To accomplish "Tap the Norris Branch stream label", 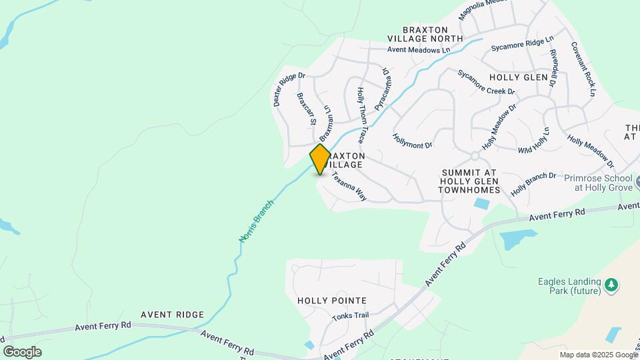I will tap(257, 221).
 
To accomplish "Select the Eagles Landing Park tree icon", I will tap(611, 285).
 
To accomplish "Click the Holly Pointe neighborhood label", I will tap(332, 301).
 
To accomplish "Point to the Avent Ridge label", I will tap(172, 314).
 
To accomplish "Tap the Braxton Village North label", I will tap(433, 34).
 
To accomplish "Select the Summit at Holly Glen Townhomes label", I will tap(469, 181).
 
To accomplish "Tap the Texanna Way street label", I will tap(350, 187).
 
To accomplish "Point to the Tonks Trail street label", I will tap(350, 316).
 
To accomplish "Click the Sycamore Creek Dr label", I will tap(486, 82).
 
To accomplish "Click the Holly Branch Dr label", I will tap(533, 184).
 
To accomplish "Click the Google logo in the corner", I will tap(22, 352).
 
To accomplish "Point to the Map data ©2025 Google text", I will tap(597, 355).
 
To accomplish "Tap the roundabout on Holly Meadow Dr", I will tap(475, 156).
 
